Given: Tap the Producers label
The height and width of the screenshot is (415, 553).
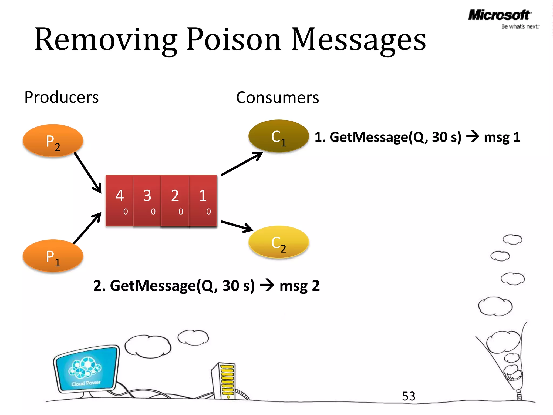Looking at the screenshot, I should [x=62, y=97].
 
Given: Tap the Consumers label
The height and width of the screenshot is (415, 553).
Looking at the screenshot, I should [x=277, y=98].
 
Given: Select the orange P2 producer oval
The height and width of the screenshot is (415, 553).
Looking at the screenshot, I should [x=53, y=140].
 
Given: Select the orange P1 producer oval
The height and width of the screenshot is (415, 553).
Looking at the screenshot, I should [x=53, y=256].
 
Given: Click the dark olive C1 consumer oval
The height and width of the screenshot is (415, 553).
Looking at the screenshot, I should [x=278, y=136].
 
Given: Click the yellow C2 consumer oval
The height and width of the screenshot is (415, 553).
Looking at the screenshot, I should [x=278, y=242].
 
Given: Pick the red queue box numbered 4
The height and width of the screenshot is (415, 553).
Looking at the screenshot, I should [x=120, y=200].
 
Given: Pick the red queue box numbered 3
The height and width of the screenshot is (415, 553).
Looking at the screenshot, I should [x=147, y=200].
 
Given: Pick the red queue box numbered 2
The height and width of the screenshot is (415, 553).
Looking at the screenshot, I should [x=175, y=200].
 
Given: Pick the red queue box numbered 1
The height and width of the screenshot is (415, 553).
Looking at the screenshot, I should [x=203, y=200].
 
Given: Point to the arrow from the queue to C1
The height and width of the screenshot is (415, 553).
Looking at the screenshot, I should [x=242, y=164].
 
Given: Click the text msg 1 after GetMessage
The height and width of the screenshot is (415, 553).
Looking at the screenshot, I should [x=502, y=137].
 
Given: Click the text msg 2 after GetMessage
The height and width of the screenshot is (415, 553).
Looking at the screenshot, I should [x=299, y=286].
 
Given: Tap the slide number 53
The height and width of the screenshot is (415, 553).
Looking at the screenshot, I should [x=409, y=396].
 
